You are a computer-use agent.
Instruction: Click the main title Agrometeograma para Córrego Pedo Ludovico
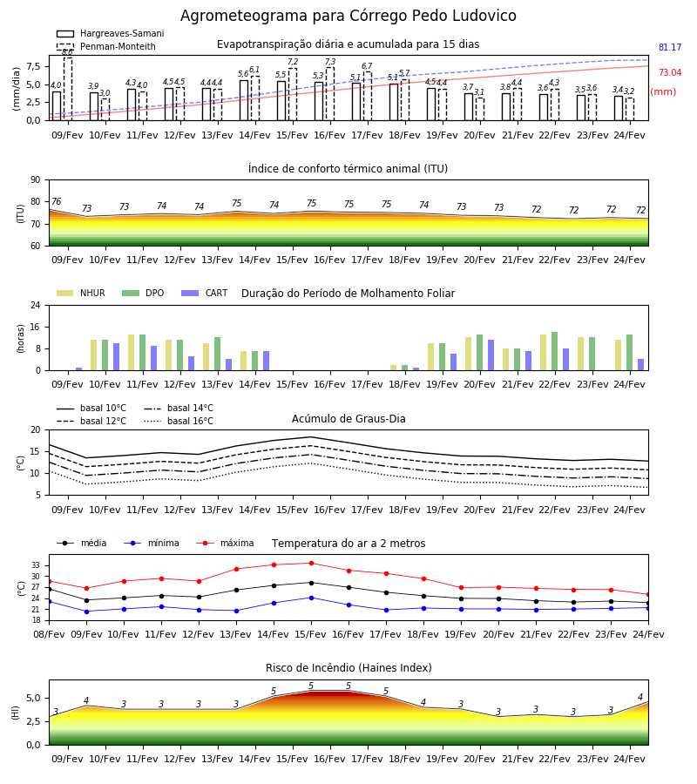(x=348, y=16)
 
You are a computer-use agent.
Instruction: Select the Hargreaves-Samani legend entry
(x=110, y=33)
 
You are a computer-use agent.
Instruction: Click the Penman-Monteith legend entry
(x=106, y=46)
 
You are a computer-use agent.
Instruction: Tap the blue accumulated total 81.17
(x=670, y=48)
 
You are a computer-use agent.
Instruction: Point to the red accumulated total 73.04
(x=670, y=72)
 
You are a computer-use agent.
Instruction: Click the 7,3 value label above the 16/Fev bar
(x=330, y=62)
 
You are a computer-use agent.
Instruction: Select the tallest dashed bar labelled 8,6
(x=67, y=89)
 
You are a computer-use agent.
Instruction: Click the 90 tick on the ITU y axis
(x=36, y=180)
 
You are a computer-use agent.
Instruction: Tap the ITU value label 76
(x=56, y=201)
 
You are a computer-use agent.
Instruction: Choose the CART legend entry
(x=204, y=293)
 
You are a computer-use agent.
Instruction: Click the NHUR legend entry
(x=81, y=293)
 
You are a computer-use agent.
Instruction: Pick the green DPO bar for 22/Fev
(x=554, y=351)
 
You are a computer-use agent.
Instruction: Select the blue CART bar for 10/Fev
(x=117, y=357)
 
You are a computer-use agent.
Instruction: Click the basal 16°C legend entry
(x=179, y=421)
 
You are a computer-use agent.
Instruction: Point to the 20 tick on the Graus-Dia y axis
(x=36, y=429)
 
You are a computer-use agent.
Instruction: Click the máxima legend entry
(x=225, y=543)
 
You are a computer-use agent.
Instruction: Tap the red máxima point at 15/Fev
(x=312, y=563)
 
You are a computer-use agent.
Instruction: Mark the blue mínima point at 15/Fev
(x=312, y=598)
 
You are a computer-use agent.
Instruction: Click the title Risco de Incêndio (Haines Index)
(x=348, y=668)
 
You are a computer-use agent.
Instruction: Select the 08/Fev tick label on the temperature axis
(x=49, y=634)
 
